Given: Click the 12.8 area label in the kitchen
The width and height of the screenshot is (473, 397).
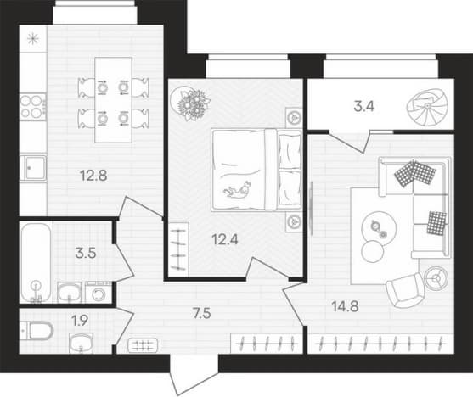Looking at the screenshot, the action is coord(93,176).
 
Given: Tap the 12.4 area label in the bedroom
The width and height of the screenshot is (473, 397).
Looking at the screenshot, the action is coord(225,240).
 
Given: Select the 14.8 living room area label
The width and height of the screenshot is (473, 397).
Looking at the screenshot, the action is coord(345,306).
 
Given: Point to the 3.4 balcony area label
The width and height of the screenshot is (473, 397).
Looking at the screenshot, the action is coord(363,106).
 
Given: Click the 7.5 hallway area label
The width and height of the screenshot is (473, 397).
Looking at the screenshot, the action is coord(202,313).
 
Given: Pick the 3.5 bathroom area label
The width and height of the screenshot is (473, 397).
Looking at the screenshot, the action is coord(86,253).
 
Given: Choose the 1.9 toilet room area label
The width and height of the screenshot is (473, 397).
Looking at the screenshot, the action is coord(80,321).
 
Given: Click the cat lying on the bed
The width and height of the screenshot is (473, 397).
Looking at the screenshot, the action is coord(238,190).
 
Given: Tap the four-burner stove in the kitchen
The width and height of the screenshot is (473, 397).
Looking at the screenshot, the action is coord(33,107).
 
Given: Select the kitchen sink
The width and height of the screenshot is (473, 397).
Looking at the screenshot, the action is coord(33,168).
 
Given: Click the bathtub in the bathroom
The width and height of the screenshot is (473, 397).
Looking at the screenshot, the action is coord(36,263).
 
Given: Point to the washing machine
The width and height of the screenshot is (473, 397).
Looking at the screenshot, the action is coord(98,293).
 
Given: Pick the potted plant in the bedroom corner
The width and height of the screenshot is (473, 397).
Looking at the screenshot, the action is coord(190,103).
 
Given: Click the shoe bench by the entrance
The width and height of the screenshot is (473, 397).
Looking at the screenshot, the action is coord(143,345).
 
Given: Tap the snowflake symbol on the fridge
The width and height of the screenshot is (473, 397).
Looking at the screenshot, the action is coord(33,39).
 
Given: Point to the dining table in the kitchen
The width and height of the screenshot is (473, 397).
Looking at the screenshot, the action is coord(114,100).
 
